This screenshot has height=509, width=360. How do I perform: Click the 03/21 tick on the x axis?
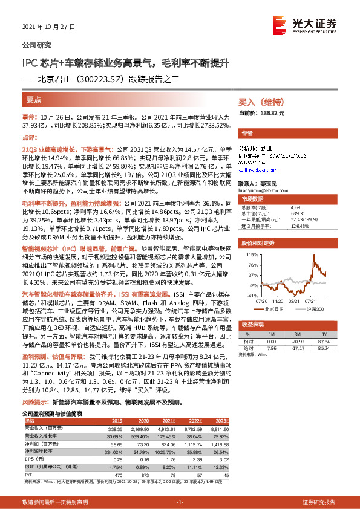295,300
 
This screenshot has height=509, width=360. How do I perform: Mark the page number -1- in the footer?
180,502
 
